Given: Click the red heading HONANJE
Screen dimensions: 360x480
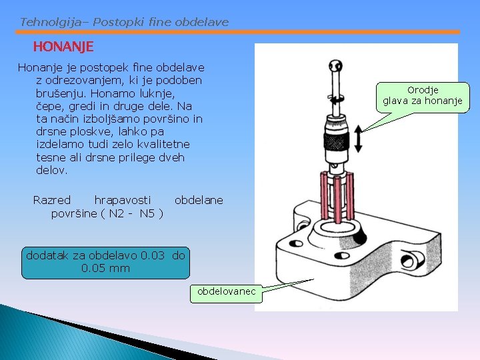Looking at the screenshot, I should [63, 47].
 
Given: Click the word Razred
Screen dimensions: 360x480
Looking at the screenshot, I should [52, 200].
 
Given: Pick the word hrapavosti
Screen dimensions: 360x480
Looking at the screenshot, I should [123, 200].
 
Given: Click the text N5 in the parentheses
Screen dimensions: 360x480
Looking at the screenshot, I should [148, 213].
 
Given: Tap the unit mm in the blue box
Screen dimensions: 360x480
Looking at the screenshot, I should [120, 268].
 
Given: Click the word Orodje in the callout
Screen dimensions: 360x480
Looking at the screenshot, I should [423, 90].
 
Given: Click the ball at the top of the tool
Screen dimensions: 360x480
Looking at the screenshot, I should [333, 65].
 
